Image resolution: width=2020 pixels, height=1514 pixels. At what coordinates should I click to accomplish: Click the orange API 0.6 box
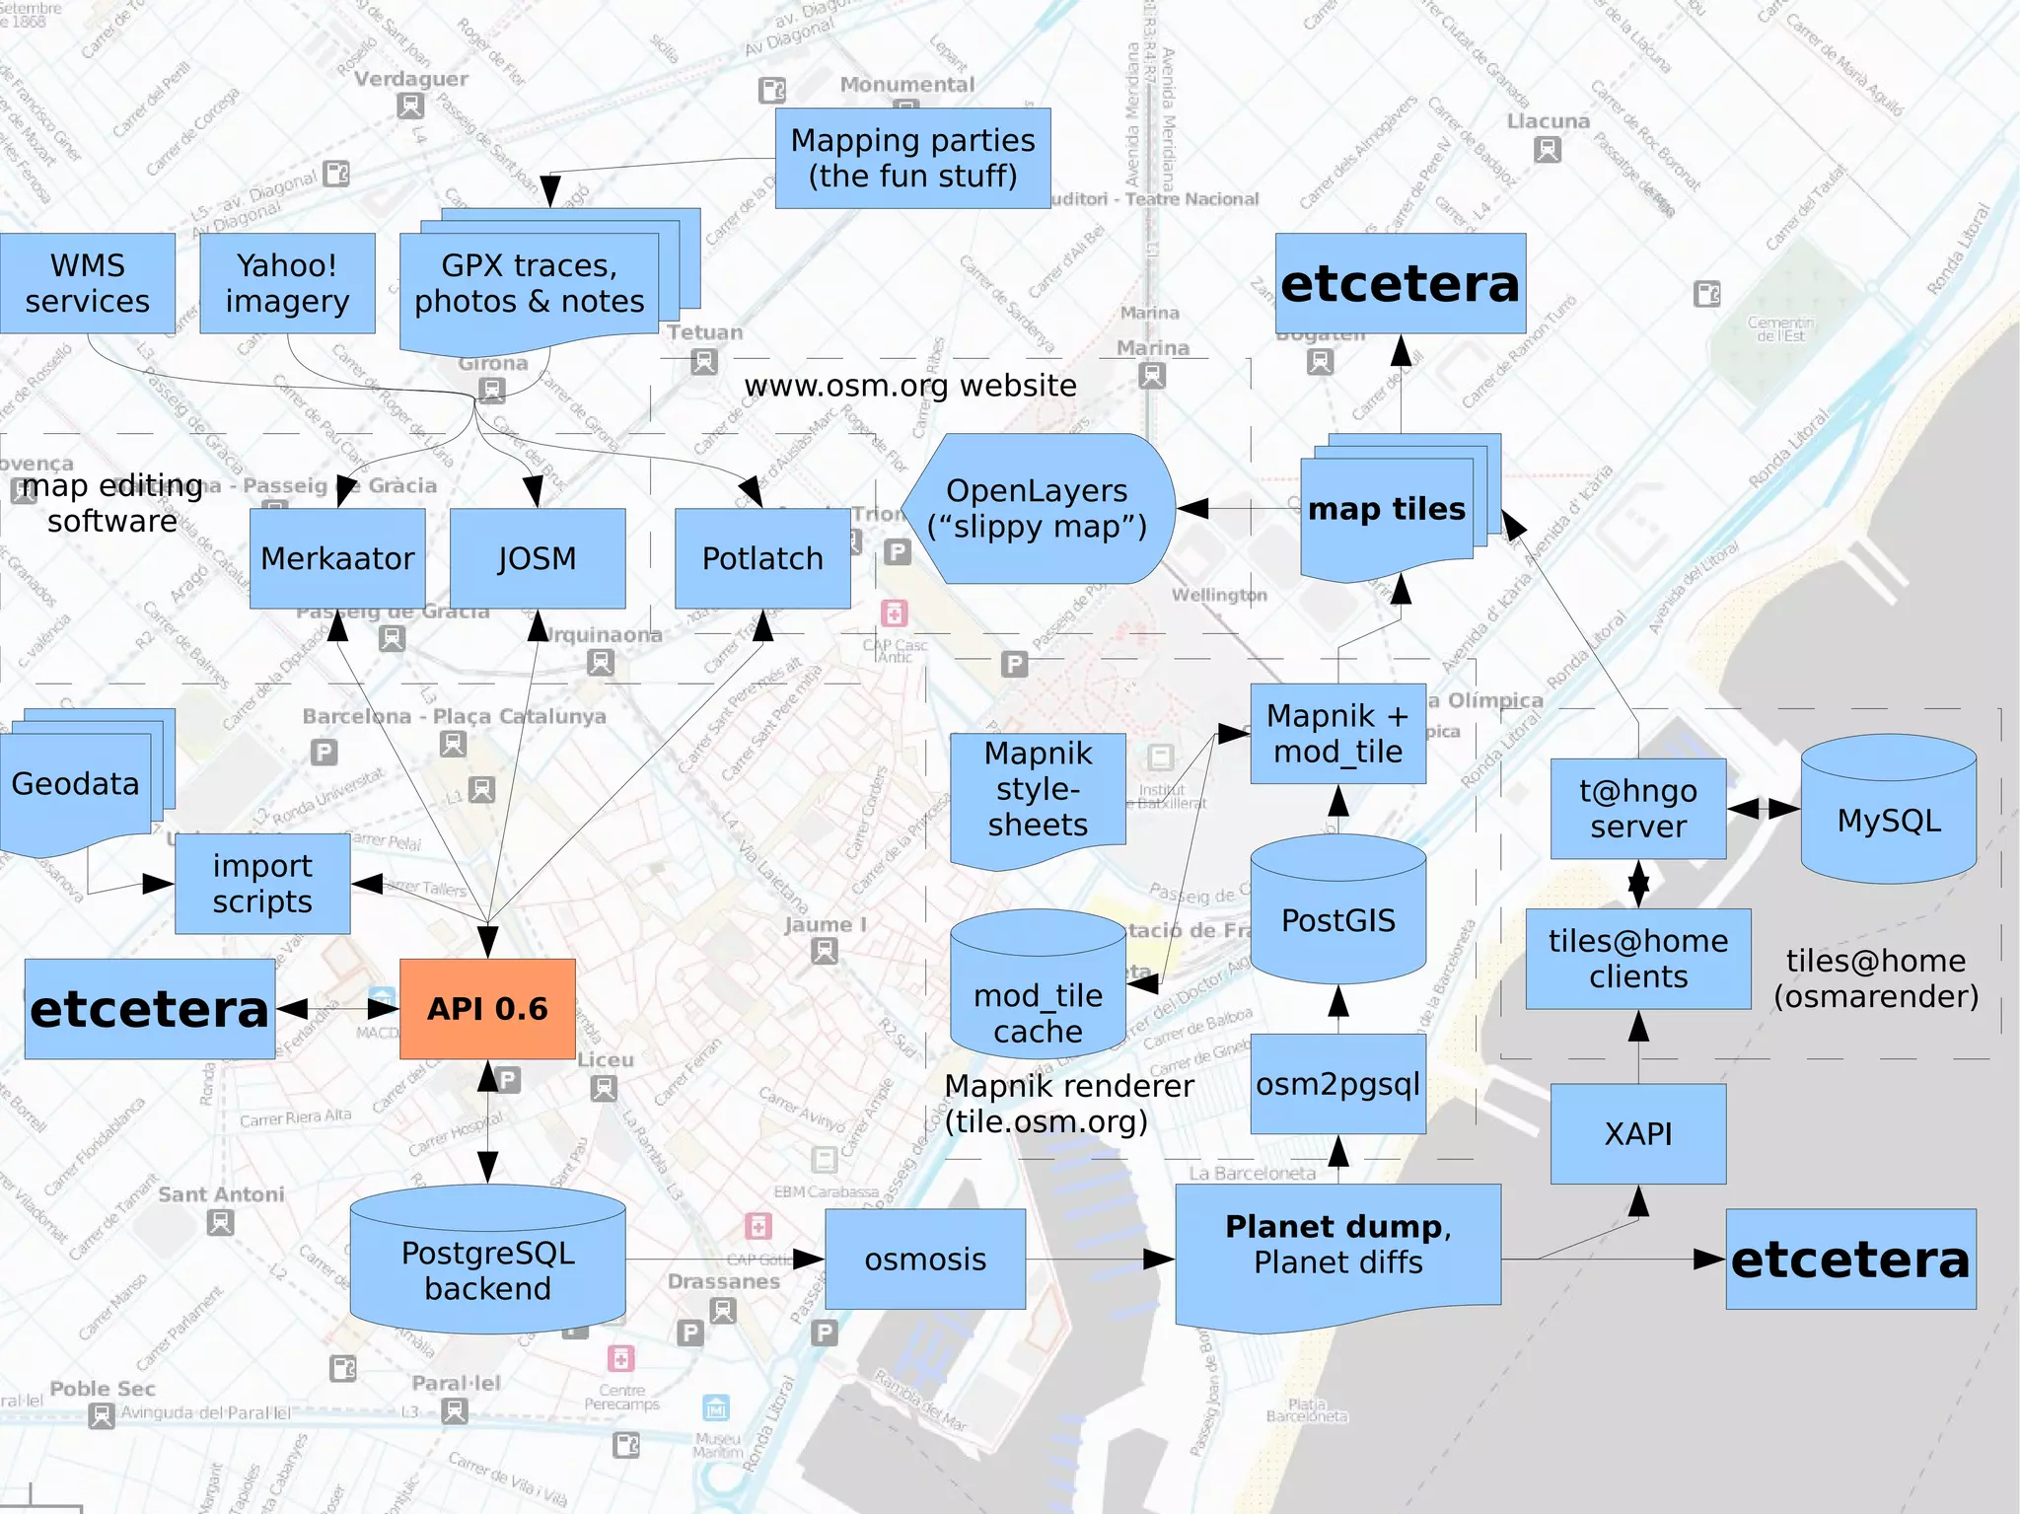487,1008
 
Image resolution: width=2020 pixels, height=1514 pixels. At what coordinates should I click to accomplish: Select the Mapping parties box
912,158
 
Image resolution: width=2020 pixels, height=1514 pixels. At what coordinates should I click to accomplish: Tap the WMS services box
87,283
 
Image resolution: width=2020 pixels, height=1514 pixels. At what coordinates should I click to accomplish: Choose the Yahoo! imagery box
287,283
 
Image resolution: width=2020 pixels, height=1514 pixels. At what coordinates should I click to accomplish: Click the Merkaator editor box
337,558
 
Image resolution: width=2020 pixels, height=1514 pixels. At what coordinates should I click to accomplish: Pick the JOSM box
538,558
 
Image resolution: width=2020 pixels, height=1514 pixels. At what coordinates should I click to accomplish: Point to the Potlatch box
762,558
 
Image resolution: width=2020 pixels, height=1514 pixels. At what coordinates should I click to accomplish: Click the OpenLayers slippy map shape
1038,508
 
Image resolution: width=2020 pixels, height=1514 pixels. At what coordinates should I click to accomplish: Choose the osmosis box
925,1260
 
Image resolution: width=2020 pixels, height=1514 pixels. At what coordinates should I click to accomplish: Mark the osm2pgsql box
1338,1084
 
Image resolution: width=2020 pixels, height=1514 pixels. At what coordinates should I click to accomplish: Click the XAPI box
1638,1134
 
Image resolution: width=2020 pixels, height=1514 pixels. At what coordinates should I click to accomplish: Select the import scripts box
262,884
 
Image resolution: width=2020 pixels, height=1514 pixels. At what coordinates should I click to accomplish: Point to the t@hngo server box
1638,809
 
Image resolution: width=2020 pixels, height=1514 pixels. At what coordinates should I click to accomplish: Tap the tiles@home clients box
1638,959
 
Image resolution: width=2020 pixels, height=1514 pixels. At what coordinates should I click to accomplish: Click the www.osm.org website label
910,386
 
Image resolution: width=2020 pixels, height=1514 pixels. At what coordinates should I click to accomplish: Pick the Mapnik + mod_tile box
1338,734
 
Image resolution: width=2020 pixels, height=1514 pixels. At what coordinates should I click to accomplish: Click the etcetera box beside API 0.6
150,1009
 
